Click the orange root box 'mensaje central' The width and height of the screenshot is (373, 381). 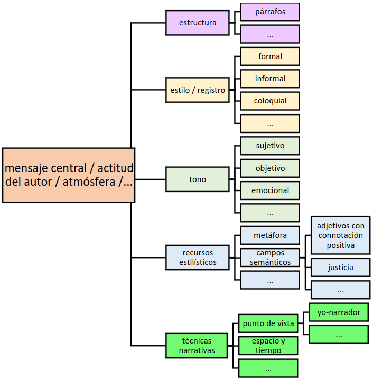pos(68,175)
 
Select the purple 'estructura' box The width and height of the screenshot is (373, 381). pos(197,23)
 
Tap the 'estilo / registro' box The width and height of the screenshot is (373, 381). pos(197,90)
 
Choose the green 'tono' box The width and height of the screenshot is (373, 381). pos(197,179)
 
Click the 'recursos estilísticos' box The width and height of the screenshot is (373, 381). pos(197,258)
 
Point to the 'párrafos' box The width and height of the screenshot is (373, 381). pos(270,12)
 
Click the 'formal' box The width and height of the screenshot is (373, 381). pos(270,56)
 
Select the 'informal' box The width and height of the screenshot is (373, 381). pos(270,79)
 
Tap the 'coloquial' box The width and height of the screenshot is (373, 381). pos(270,101)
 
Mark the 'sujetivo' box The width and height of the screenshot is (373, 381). pos(270,146)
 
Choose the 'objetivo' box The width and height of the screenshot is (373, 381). pos(270,168)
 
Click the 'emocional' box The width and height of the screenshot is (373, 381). pos(270,190)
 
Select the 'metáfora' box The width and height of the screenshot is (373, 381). pos(270,235)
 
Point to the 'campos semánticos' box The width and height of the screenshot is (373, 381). pos(270,258)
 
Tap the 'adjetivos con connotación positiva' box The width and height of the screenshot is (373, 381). pos(340,235)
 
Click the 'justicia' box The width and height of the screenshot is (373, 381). pos(340,268)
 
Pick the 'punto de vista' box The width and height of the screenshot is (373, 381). pos(268,323)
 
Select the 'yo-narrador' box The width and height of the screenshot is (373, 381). pos(339,312)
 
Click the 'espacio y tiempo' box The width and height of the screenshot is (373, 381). pos(268,346)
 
